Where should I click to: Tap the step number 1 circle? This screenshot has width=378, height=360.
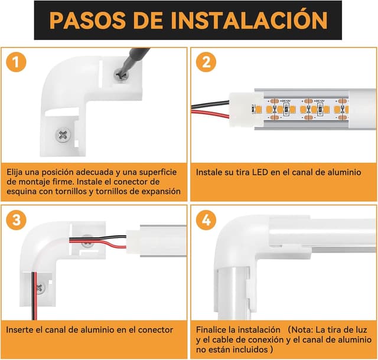coord(18,61)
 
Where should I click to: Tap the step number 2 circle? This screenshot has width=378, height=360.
coord(206,61)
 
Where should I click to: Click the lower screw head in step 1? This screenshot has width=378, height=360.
coord(63,135)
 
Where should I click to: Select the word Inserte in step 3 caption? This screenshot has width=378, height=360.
coord(21,330)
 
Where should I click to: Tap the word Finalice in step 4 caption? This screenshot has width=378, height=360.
coord(213,328)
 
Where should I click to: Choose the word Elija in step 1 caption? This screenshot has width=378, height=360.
coord(17,171)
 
